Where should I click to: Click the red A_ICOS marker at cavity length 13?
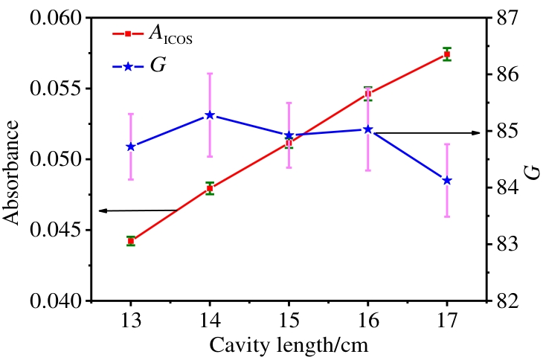(131, 241)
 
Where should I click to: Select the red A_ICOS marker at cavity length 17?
(447, 54)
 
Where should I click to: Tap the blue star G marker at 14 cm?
(210, 115)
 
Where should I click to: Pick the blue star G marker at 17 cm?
(447, 181)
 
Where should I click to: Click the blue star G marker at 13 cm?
(131, 147)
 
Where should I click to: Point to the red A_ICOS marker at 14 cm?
(210, 188)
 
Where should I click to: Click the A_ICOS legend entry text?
(170, 34)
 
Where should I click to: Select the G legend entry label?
(158, 66)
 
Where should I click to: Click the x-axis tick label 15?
(289, 321)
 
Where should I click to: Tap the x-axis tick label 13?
(131, 321)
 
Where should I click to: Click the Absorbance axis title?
(13, 159)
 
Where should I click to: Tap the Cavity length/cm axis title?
(289, 345)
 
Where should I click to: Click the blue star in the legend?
(127, 66)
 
